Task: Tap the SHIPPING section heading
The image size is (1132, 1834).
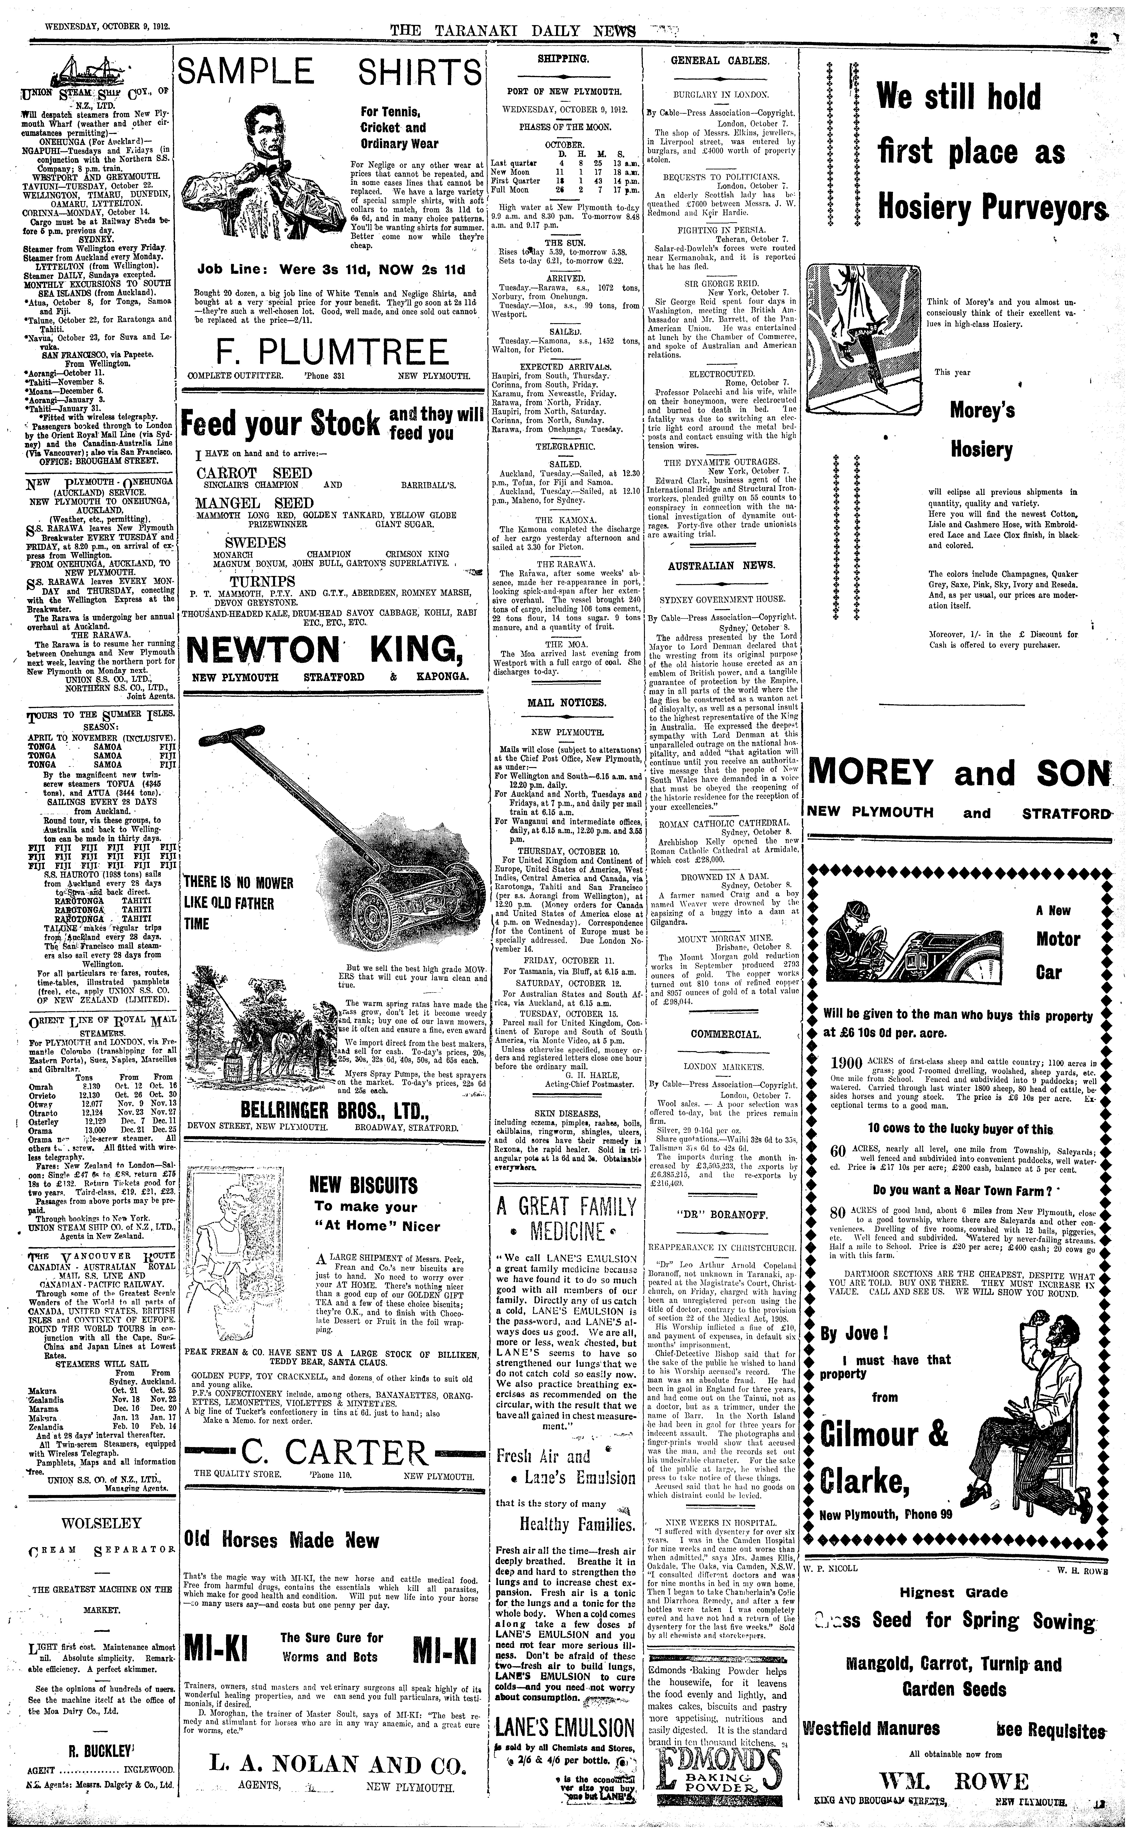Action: [563, 58]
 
